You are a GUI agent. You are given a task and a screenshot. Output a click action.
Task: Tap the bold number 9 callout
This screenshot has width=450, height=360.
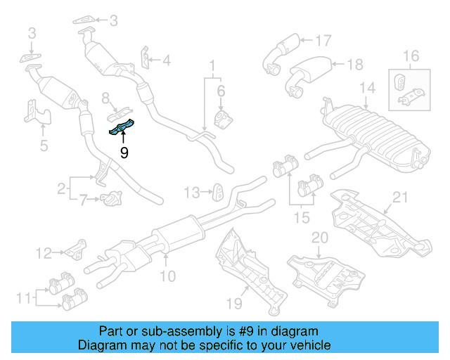point(124,152)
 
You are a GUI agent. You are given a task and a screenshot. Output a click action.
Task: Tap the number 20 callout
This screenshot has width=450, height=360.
point(320,238)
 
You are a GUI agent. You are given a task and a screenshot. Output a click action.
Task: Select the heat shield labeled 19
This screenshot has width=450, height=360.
point(250,271)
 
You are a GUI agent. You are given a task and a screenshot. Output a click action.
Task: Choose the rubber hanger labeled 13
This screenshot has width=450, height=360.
point(219,191)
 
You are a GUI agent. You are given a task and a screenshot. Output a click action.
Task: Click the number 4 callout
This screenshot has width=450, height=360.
point(166,61)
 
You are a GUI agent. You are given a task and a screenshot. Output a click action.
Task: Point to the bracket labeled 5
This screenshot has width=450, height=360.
point(35,113)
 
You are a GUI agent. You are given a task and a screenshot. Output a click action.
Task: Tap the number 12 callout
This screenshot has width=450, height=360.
point(44,252)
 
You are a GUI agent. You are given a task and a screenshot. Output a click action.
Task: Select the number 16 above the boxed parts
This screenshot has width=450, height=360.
point(411,56)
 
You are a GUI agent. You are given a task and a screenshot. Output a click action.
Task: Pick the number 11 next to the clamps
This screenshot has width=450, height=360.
point(23,298)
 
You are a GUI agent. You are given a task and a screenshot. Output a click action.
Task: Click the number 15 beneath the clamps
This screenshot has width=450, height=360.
point(301,218)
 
